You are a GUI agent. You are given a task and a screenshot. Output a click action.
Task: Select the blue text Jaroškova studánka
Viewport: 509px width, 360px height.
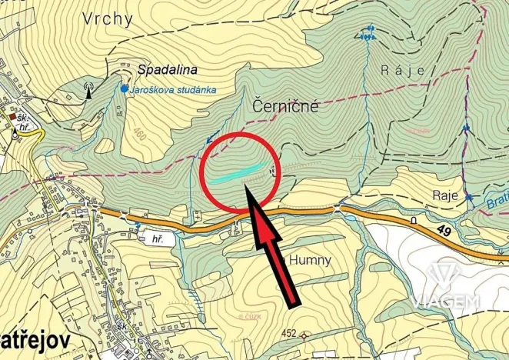click(173, 89)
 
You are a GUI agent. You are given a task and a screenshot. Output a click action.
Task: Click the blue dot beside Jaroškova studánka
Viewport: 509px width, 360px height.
click(124, 89)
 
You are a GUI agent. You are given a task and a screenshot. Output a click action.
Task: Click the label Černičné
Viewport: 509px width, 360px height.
click(284, 109)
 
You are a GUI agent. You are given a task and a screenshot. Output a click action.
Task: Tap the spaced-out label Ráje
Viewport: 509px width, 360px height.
click(402, 70)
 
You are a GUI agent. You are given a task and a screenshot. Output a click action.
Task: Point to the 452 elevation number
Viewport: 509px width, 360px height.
click(288, 333)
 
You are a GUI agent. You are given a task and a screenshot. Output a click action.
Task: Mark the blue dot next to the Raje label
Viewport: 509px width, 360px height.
click(468, 198)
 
